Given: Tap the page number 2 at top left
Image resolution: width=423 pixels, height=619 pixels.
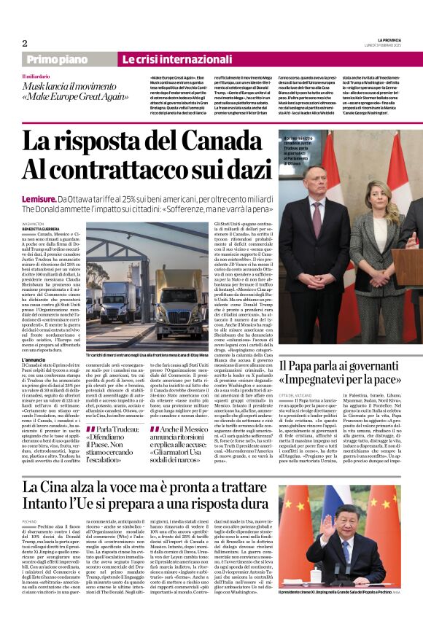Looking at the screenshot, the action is [25, 42].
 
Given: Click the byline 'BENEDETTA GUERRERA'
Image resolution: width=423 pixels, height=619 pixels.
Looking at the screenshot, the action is [42, 229].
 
